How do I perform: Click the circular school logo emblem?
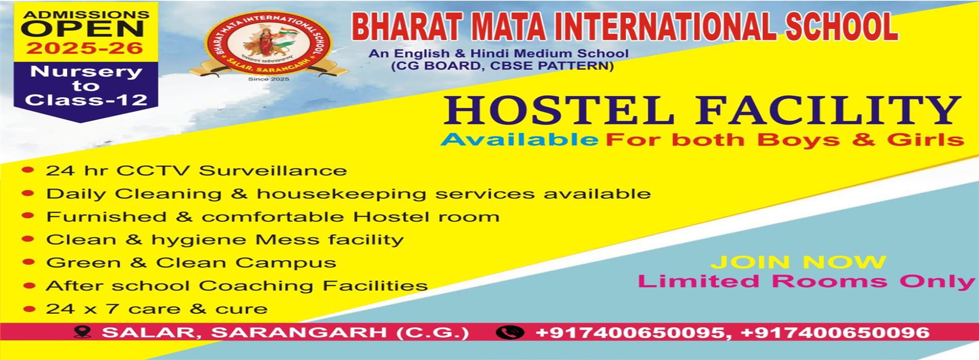click(268, 44)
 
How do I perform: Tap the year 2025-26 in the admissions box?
click(85, 48)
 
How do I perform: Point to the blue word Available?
click(520, 140)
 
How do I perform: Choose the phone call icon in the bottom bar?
click(510, 332)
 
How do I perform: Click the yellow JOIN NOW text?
click(798, 262)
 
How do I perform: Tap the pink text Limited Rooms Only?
click(807, 282)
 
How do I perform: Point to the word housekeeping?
click(342, 194)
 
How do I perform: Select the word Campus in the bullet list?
click(286, 263)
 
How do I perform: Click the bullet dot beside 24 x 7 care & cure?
click(29, 309)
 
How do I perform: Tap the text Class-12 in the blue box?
click(86, 100)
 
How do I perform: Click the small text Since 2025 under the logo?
click(269, 79)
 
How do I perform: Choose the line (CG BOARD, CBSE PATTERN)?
click(502, 66)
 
